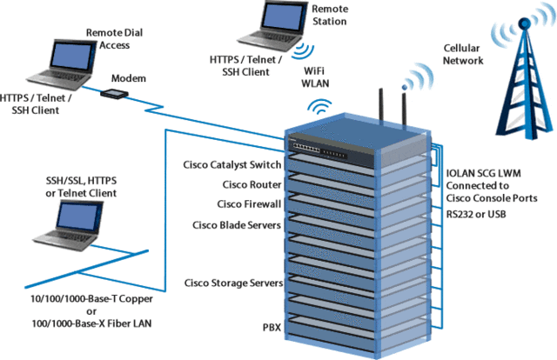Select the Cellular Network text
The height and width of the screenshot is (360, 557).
(x=466, y=57)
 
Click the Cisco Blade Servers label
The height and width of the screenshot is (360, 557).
(x=237, y=224)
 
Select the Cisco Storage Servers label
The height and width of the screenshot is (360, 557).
(x=233, y=283)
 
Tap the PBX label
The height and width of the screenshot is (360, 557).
(x=272, y=328)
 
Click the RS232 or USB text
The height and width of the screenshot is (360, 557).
(x=478, y=212)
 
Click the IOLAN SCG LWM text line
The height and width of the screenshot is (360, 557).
(x=485, y=173)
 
